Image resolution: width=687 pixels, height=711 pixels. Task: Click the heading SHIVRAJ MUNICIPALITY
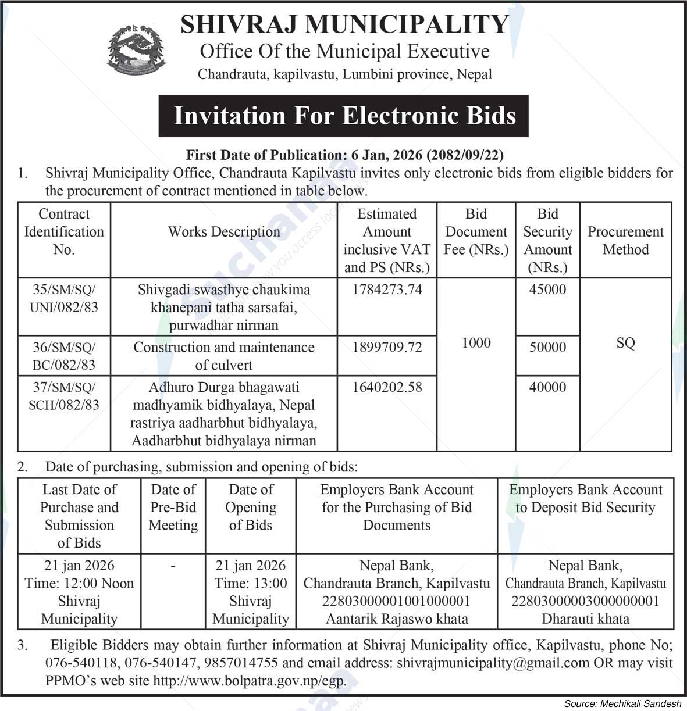pyautogui.click(x=344, y=24)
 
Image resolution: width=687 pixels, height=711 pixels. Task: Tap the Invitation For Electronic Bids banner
pyautogui.click(x=344, y=116)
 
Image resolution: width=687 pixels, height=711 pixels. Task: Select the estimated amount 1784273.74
pyautogui.click(x=387, y=290)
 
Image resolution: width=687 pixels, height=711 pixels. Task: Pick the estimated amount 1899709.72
pyautogui.click(x=387, y=347)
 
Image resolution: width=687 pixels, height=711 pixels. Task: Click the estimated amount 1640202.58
pyautogui.click(x=387, y=387)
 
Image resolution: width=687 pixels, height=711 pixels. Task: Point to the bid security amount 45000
pyautogui.click(x=547, y=290)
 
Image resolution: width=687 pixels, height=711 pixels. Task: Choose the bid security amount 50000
pyautogui.click(x=547, y=347)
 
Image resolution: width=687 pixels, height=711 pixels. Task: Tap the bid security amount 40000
pyautogui.click(x=547, y=387)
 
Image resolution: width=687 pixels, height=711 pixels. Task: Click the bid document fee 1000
pyautogui.click(x=476, y=343)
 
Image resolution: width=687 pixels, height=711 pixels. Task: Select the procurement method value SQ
pyautogui.click(x=625, y=343)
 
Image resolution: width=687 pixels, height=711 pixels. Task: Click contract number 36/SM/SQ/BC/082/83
pyautogui.click(x=64, y=356)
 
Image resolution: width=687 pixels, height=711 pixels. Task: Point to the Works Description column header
pyautogui.click(x=224, y=232)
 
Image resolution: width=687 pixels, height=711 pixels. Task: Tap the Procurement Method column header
pyautogui.click(x=625, y=241)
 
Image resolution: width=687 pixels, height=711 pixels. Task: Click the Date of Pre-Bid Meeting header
pyautogui.click(x=173, y=508)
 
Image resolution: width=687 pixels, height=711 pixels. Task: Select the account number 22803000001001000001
pyautogui.click(x=396, y=601)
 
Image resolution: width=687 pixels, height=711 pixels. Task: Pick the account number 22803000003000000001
pyautogui.click(x=585, y=601)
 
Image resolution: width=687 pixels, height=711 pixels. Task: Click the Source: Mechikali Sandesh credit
pyautogui.click(x=622, y=703)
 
